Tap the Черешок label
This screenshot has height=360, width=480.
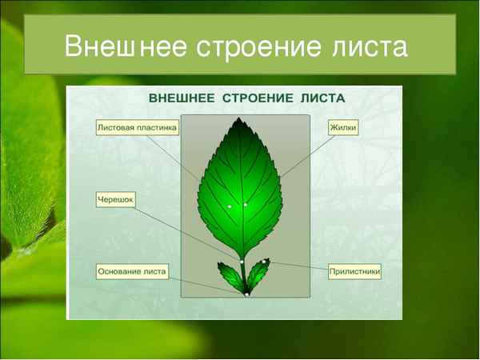(114, 201)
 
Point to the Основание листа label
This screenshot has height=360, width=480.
(132, 272)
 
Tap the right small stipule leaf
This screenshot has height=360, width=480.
(258, 274)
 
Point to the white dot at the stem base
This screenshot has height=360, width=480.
(247, 294)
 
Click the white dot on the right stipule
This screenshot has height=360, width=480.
(264, 262)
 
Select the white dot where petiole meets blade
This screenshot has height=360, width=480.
(242, 261)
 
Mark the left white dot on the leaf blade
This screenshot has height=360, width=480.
(229, 207)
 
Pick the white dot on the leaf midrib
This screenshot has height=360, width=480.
(246, 205)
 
